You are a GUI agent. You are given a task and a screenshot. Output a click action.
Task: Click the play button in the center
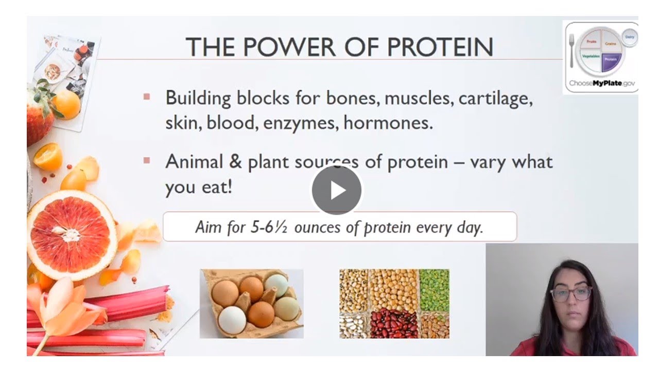pyautogui.click(x=337, y=190)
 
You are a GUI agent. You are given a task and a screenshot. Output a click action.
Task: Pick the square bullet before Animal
pyautogui.click(x=147, y=161)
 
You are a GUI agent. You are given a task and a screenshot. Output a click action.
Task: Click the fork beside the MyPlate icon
pyautogui.click(x=571, y=50)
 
